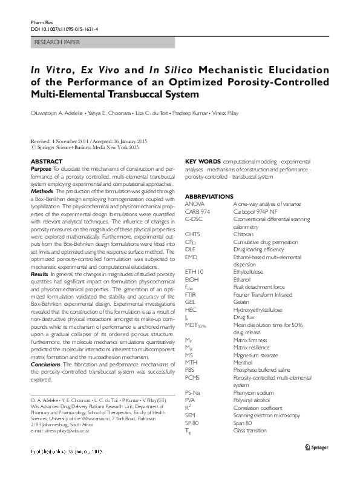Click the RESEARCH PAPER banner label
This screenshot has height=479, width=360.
(x=59, y=42)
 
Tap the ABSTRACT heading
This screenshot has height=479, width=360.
(x=46, y=161)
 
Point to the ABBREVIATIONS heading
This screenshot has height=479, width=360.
(x=209, y=197)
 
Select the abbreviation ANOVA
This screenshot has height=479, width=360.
(x=195, y=205)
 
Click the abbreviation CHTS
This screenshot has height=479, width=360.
(x=193, y=250)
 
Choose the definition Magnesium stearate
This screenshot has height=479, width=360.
(x=257, y=354)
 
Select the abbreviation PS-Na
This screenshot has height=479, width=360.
(x=194, y=392)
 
